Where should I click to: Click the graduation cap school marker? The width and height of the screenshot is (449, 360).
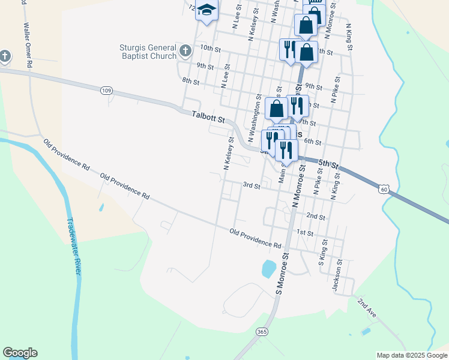pos(206,11)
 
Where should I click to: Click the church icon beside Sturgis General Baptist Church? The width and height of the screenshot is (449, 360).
pos(185,50)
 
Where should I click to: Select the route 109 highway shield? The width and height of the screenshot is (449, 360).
pos(106,91)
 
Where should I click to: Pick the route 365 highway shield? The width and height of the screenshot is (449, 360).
pos(262,332)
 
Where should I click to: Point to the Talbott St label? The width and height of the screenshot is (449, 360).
pos(208,116)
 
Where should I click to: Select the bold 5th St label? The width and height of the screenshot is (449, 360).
pos(329,164)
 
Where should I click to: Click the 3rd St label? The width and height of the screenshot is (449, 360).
pos(251,186)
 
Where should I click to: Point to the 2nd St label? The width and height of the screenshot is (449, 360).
pos(315,216)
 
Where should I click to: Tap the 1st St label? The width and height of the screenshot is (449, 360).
pos(305,232)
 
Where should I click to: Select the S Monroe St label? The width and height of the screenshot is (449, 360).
pos(282,273)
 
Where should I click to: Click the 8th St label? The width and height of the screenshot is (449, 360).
pos(190,81)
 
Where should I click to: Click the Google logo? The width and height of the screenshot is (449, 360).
pos(20,353)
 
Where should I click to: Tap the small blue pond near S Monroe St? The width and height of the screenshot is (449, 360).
pos(269,268)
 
